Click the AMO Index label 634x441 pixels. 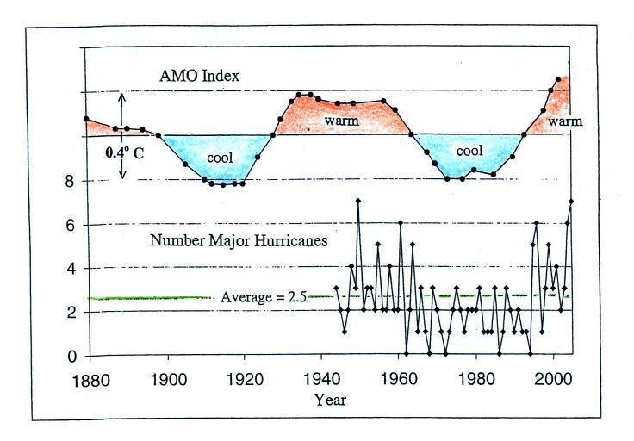[199, 76]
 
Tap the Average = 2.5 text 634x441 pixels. [262, 297]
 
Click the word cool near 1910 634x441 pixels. [221, 158]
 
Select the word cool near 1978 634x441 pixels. [469, 151]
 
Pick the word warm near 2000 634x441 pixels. [565, 121]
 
